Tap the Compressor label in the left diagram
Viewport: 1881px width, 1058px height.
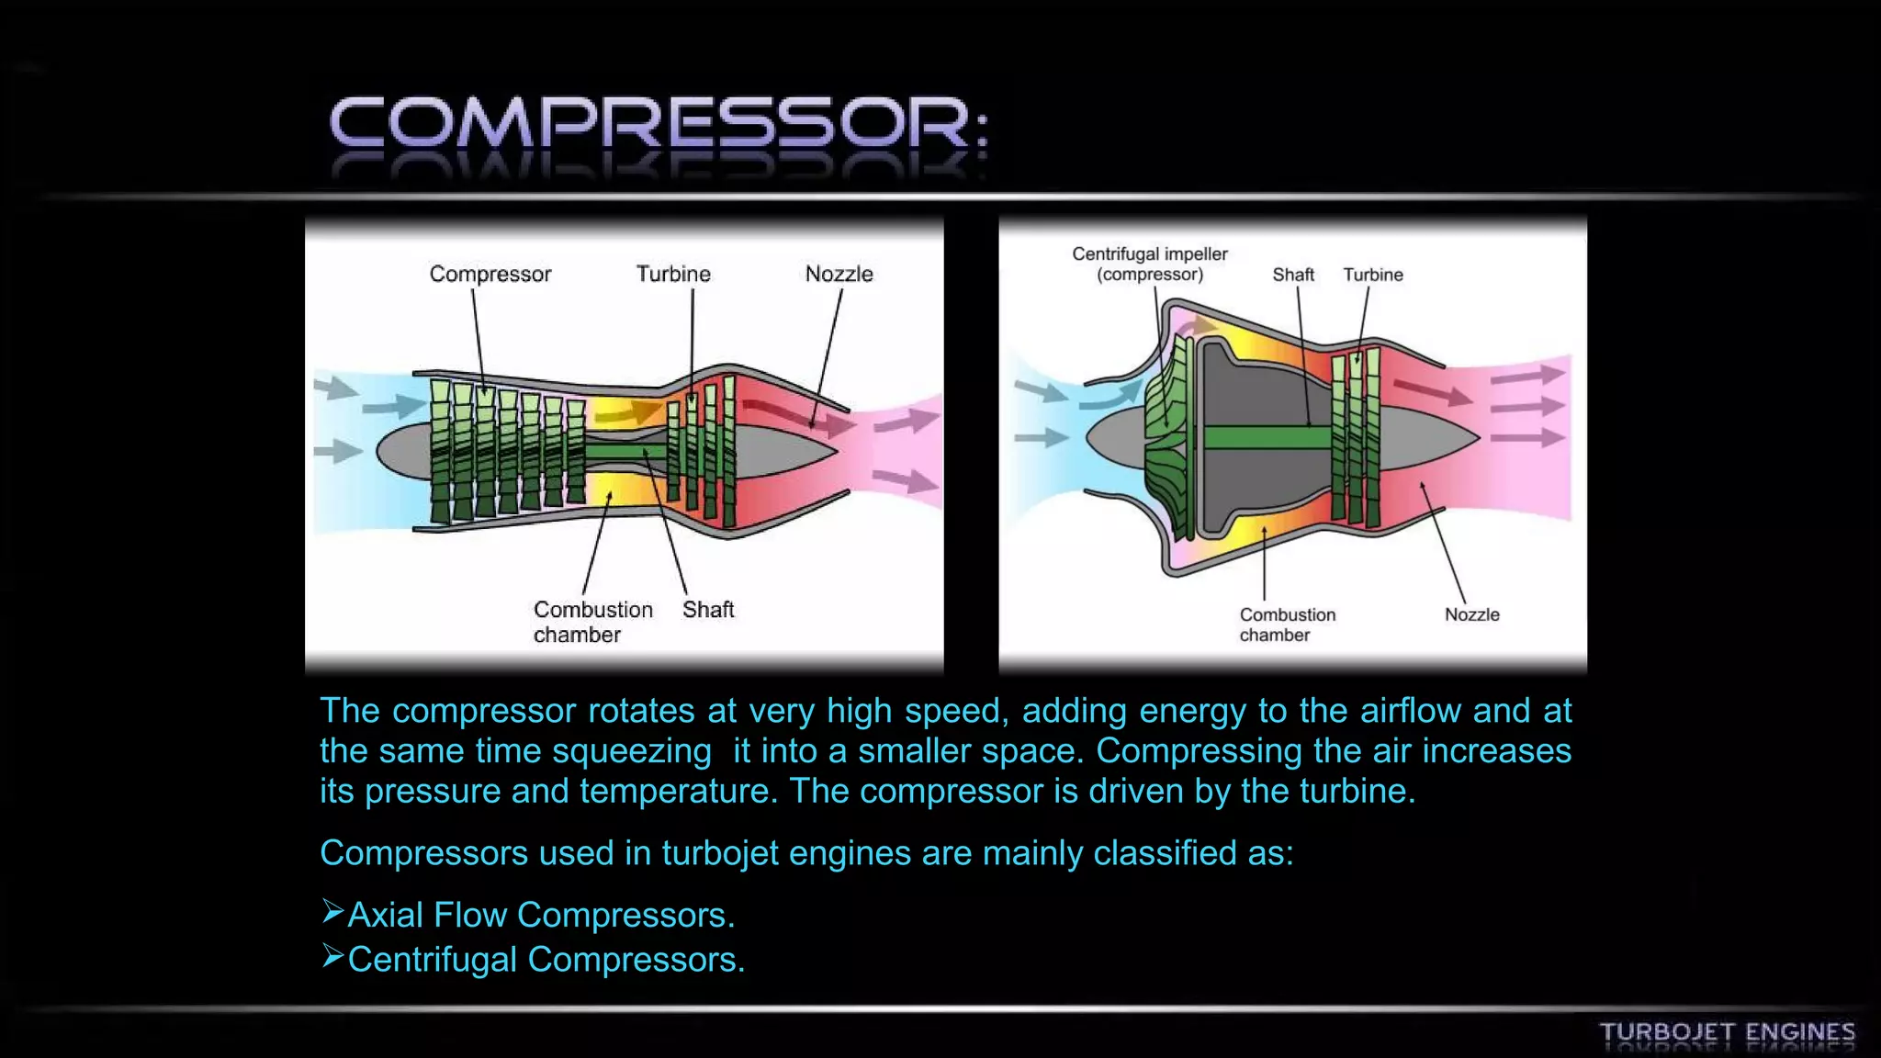(x=490, y=274)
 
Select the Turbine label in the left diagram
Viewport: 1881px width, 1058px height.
(x=673, y=274)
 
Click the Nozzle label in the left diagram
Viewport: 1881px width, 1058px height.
(x=839, y=274)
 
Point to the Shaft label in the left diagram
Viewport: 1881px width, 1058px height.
(x=708, y=610)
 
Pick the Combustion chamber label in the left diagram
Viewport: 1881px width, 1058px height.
(x=592, y=622)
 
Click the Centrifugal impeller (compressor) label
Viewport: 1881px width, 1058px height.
(x=1149, y=264)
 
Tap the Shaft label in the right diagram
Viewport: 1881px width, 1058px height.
(x=1292, y=275)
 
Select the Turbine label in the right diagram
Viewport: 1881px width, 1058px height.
(x=1373, y=275)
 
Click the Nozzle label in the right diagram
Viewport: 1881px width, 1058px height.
(x=1471, y=614)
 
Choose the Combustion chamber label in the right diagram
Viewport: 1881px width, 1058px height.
(x=1287, y=625)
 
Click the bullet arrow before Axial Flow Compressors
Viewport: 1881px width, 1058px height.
(x=332, y=912)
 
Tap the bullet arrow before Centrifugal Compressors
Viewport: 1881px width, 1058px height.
(x=332, y=957)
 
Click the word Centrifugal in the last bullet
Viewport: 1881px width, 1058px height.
(x=432, y=960)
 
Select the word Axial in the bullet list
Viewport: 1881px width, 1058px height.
(x=385, y=915)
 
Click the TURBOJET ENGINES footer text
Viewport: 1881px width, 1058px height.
(x=1727, y=1032)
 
